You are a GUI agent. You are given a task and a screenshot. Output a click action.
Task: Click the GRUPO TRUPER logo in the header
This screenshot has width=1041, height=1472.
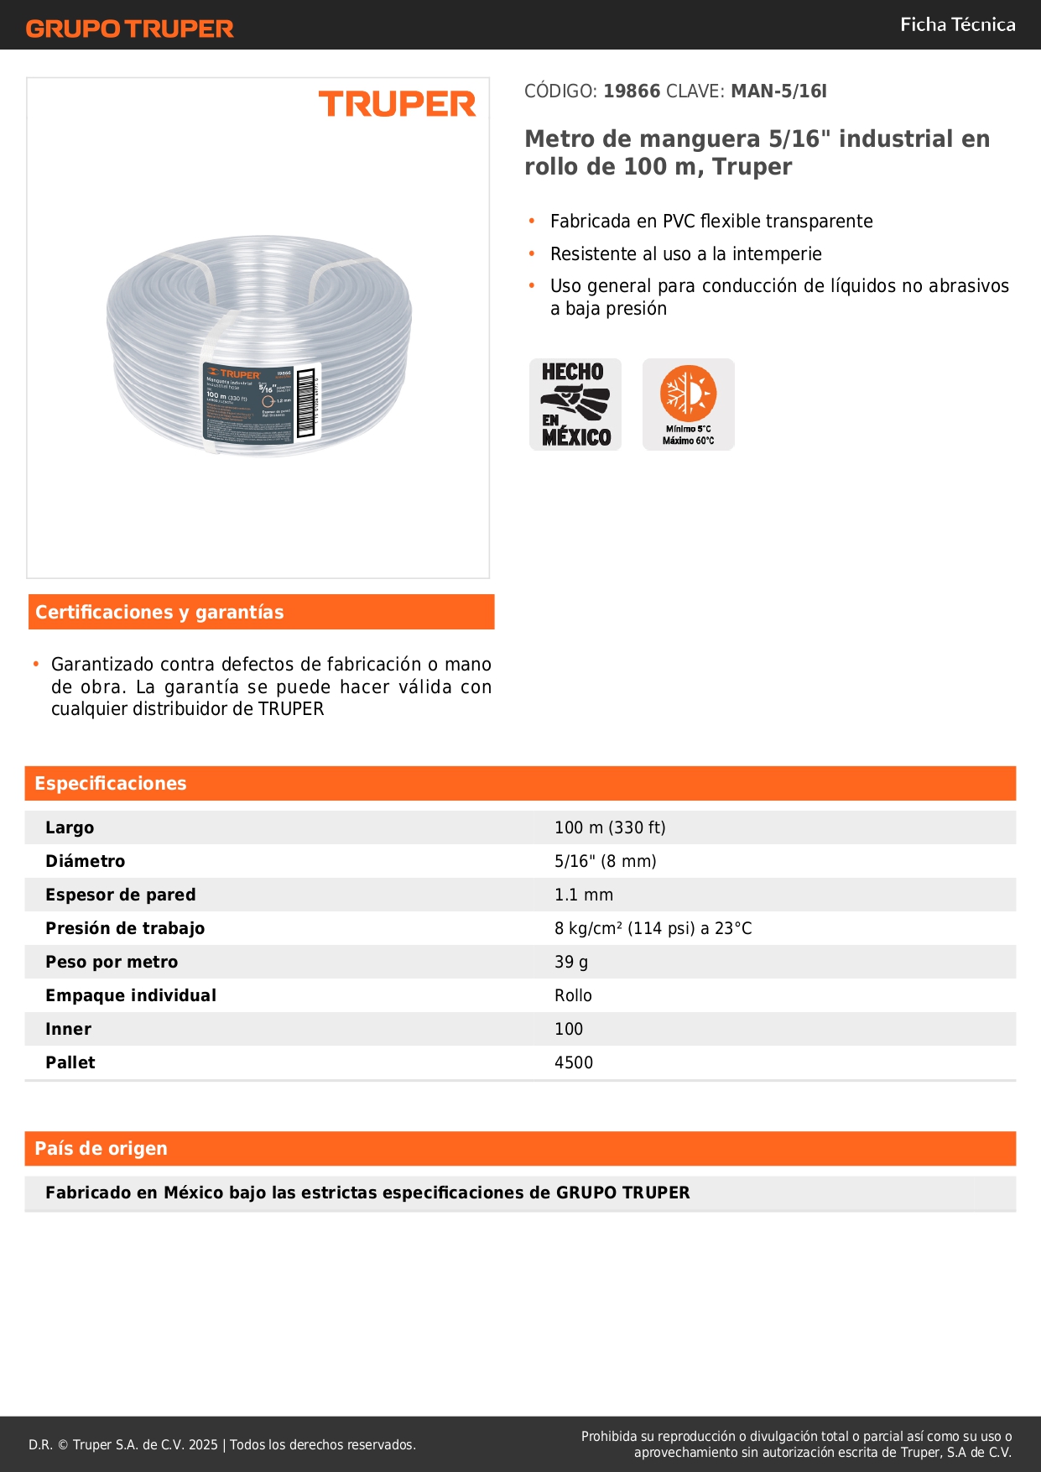pos(129,29)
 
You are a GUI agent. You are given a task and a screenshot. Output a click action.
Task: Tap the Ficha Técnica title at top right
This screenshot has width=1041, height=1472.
pos(957,25)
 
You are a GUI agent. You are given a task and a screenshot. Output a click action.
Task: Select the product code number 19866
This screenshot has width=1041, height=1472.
pos(632,91)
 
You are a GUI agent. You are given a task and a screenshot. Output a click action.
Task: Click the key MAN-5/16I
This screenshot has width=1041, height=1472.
pos(778,91)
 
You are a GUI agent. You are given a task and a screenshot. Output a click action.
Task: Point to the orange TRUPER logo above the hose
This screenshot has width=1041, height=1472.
pos(397,105)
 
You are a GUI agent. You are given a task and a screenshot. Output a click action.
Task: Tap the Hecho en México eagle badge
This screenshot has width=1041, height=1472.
pos(575,405)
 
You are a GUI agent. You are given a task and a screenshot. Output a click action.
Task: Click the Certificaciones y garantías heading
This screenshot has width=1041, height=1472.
pos(159,613)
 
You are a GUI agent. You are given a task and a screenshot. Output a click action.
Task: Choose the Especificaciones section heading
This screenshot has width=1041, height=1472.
pos(111,784)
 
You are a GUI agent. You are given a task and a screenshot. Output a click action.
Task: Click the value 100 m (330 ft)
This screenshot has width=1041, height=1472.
pos(610,828)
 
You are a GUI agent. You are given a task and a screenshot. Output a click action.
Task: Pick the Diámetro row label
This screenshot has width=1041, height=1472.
pos(86,862)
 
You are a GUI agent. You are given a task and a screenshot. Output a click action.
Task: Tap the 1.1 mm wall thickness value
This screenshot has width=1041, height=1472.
pos(584,895)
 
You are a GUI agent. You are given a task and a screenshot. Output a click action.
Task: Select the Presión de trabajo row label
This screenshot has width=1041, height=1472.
pos(125,929)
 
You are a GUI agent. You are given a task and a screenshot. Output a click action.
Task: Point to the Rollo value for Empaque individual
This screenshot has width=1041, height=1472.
pos(573,996)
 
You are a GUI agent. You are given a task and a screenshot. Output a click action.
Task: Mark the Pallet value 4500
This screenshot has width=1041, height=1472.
pos(574,1063)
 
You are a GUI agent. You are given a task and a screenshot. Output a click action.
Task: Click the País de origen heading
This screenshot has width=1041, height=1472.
pos(101,1149)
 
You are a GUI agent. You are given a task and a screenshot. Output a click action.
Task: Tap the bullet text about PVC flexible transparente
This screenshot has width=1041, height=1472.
pos(711,222)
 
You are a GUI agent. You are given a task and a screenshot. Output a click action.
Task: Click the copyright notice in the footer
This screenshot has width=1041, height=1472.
pos(222,1444)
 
